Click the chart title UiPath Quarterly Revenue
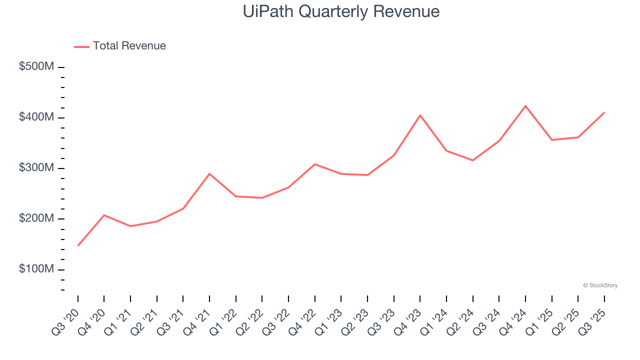click(x=341, y=11)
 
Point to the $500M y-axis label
click(x=36, y=66)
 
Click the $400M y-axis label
click(x=36, y=117)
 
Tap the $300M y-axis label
click(x=36, y=168)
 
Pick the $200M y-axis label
click(x=36, y=218)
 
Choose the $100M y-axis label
click(x=36, y=269)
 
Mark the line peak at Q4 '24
click(x=525, y=106)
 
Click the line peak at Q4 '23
click(x=420, y=115)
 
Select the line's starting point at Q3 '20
click(x=78, y=245)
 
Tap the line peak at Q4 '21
click(x=209, y=173)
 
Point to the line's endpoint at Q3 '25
click(x=604, y=112)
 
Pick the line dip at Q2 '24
click(x=472, y=160)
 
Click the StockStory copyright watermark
click(x=600, y=285)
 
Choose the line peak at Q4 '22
click(x=315, y=164)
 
